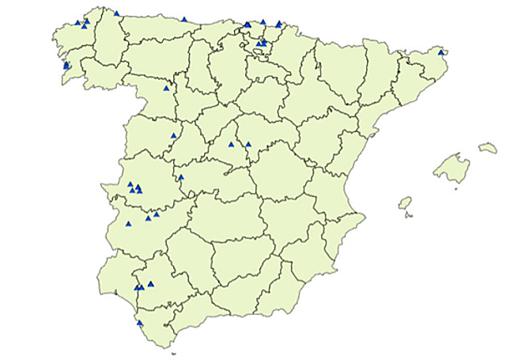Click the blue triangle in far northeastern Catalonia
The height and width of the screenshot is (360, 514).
click(x=440, y=52)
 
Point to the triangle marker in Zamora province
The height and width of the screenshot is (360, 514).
click(x=166, y=88)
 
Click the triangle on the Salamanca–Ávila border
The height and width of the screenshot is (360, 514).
click(x=173, y=135)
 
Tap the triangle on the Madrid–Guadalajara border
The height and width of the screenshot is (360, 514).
click(x=248, y=144)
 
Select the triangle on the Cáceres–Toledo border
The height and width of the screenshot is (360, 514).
click(x=180, y=176)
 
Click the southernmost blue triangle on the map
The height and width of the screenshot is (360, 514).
click(x=140, y=323)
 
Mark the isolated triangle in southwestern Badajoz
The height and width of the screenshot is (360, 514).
click(x=128, y=224)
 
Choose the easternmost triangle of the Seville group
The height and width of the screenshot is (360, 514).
click(x=151, y=283)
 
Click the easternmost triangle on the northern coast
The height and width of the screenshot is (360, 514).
click(x=279, y=24)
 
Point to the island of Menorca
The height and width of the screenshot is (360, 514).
click(x=488, y=148)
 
